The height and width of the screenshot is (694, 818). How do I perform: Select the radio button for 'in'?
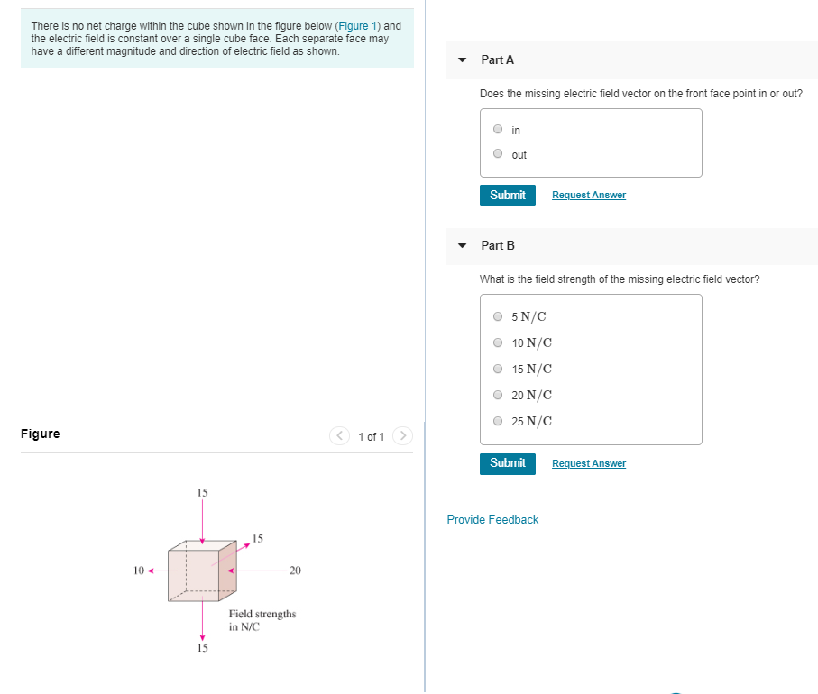pos(497,130)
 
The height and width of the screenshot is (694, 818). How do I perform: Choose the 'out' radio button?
pos(497,154)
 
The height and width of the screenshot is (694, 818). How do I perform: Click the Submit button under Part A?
pos(508,195)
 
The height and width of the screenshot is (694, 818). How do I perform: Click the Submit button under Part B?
pos(508,463)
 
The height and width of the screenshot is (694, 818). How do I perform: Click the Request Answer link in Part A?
pos(588,195)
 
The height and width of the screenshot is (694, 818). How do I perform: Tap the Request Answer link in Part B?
pos(588,463)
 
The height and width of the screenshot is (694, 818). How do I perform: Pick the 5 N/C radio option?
pos(498,316)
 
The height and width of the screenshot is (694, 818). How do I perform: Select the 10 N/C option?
pos(498,342)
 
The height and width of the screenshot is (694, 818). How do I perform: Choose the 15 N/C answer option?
pos(498,369)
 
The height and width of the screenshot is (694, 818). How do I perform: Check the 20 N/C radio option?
pos(498,395)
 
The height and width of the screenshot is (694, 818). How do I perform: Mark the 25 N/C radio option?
pos(498,421)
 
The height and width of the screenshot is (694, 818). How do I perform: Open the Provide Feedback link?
pos(492,519)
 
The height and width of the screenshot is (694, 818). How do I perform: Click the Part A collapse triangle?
pos(463,60)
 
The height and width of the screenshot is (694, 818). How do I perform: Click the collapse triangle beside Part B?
pos(463,245)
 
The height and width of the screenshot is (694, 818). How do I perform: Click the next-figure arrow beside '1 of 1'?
pos(403,436)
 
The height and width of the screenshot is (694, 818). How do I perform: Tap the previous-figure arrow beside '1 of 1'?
pos(339,436)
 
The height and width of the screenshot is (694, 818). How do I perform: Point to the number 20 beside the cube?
pos(296,571)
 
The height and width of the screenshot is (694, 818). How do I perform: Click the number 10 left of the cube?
pos(138,571)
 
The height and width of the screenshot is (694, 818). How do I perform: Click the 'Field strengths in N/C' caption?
pos(262,620)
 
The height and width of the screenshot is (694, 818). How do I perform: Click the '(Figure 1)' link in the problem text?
pos(357,26)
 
